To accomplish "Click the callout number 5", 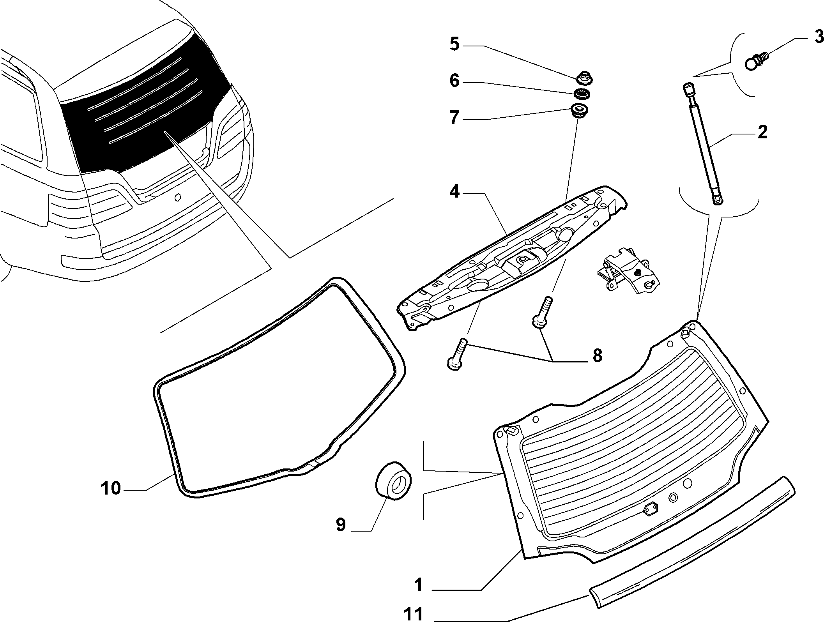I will pyautogui.click(x=454, y=44).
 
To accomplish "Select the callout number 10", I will pyautogui.click(x=111, y=488).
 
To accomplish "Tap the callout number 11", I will pyautogui.click(x=413, y=614).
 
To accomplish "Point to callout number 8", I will pyautogui.click(x=597, y=356).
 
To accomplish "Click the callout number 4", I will pyautogui.click(x=454, y=192).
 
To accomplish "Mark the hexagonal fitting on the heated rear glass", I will pyautogui.click(x=650, y=509).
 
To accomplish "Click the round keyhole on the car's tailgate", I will pyautogui.click(x=178, y=198).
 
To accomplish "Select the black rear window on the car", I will pyautogui.click(x=144, y=113).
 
